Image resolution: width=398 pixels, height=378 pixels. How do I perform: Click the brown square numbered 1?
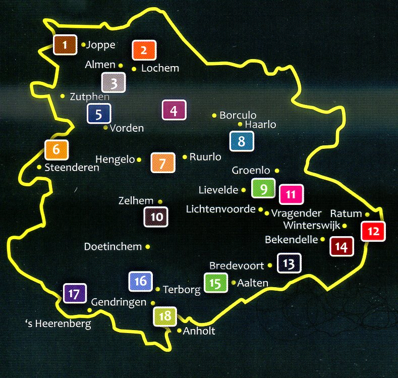pos(65,45)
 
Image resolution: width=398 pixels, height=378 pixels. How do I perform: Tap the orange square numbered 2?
pos(144,50)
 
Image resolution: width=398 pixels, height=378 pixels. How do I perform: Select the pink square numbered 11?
pos(290,194)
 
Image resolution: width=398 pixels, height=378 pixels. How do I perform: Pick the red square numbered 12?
pos(373,232)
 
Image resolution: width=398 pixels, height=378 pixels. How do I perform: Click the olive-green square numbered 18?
pos(164,317)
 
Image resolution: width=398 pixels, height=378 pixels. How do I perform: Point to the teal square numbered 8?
pos(241,141)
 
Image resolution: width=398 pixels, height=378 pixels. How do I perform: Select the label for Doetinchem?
pos(112,247)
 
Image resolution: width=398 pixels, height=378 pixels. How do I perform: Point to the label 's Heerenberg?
pos(58,323)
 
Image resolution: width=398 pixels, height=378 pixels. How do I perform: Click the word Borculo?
pos(238,116)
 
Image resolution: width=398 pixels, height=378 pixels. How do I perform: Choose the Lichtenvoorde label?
pos(221,209)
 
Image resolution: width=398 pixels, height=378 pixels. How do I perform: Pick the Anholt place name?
pos(199,331)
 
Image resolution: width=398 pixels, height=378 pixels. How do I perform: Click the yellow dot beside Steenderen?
pos(39,167)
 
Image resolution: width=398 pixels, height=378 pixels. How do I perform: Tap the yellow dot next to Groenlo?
pos(277,171)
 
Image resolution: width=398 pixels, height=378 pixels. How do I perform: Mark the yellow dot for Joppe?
pos(83,44)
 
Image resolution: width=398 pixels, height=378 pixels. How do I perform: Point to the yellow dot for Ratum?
pos(367,214)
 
